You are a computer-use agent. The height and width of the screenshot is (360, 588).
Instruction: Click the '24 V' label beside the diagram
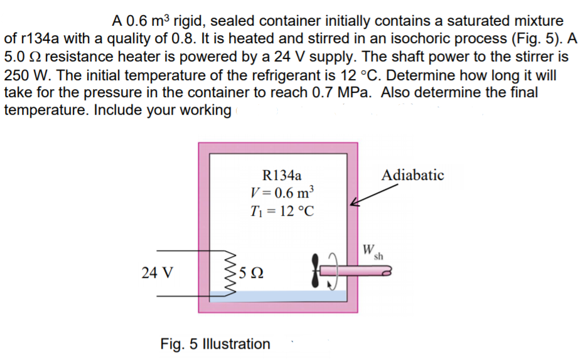click(x=158, y=273)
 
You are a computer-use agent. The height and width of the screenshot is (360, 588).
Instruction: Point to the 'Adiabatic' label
click(x=412, y=175)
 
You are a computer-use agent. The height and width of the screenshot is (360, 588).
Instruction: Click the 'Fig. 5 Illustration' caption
click(x=215, y=344)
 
